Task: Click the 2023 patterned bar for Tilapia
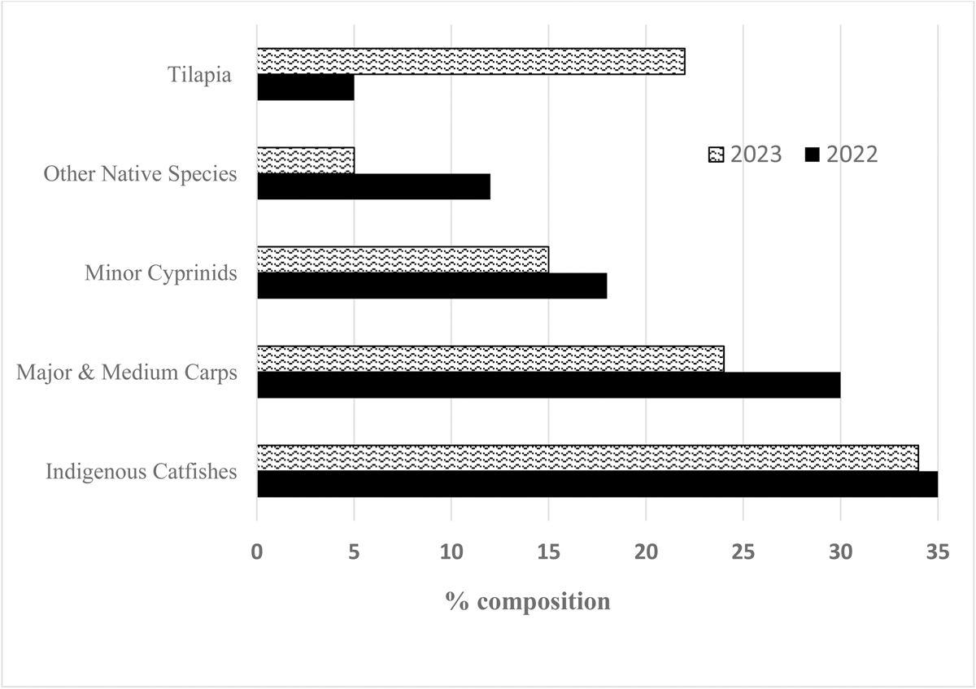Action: (x=471, y=61)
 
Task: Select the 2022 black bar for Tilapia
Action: (x=306, y=88)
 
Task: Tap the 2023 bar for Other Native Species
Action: (x=306, y=160)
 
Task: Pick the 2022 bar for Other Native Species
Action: (x=373, y=187)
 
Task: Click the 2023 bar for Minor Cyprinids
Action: (x=403, y=259)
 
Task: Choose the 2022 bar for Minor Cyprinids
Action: (x=432, y=286)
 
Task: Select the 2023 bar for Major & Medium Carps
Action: (x=490, y=359)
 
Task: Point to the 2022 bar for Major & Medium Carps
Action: (x=548, y=385)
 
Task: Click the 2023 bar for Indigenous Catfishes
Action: (x=587, y=457)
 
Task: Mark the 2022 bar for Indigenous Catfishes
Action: (x=597, y=484)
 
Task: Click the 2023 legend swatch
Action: (x=716, y=155)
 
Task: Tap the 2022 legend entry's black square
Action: (x=812, y=155)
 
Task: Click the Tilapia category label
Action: (x=198, y=75)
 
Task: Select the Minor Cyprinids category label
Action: (x=161, y=273)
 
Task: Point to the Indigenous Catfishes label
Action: (x=142, y=471)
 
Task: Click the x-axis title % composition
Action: (x=527, y=602)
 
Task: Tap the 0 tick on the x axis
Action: (x=257, y=551)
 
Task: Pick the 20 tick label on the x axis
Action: (x=646, y=551)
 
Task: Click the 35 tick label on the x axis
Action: (x=937, y=551)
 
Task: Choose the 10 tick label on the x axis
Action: (x=451, y=551)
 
